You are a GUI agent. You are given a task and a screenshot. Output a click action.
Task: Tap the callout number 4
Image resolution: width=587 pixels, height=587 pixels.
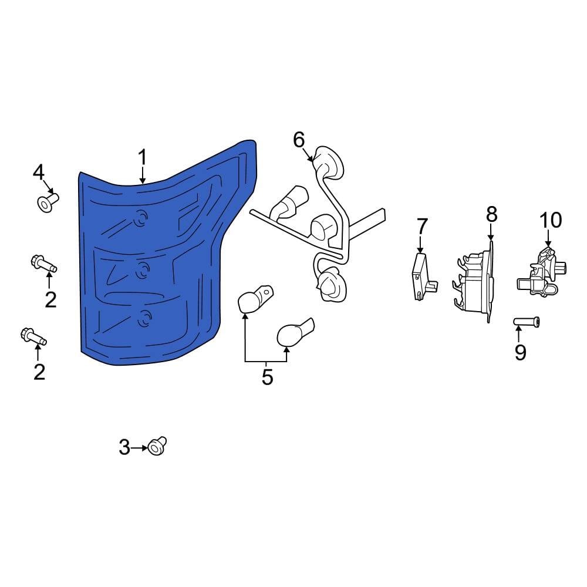39,173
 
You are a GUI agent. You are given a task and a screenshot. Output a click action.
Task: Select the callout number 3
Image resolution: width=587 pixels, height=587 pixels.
124,448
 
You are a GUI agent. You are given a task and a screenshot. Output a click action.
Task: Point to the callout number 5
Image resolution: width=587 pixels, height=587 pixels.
267,377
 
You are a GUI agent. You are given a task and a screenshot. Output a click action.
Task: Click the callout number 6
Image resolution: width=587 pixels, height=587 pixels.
299,140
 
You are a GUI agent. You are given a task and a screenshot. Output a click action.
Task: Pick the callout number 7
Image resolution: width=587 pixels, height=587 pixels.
422,226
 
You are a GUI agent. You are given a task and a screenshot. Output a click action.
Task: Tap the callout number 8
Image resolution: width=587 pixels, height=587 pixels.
491,214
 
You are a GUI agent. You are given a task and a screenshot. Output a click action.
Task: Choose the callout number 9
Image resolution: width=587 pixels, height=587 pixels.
520,352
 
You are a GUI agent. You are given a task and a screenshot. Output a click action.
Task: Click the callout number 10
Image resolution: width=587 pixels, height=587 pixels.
551,220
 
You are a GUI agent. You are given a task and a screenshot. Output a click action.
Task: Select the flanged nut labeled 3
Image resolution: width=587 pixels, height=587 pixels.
157,446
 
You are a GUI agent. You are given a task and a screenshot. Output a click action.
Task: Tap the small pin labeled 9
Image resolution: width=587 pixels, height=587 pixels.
527,321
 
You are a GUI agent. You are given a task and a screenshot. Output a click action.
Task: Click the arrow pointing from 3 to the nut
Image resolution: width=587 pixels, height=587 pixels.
140,448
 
